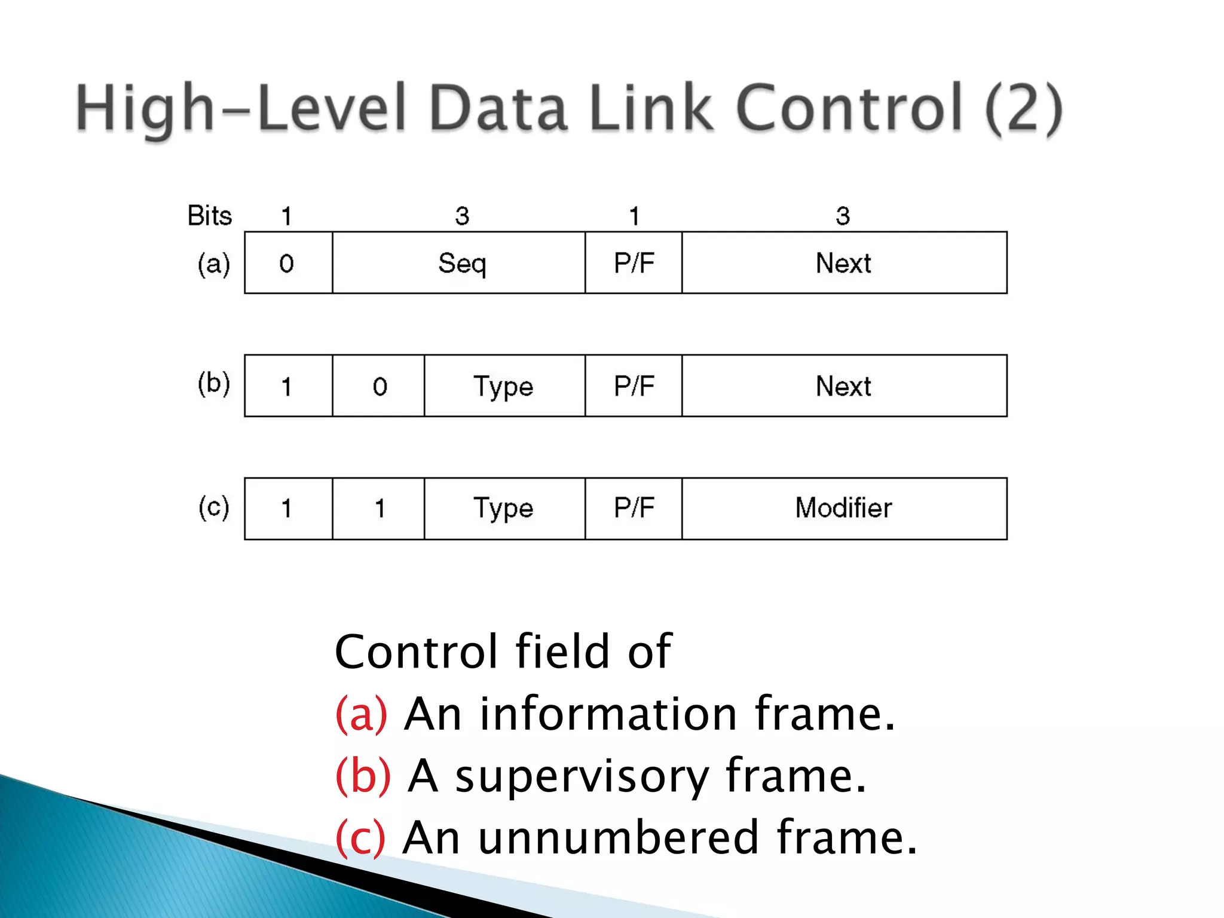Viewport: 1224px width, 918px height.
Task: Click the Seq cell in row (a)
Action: coord(459,263)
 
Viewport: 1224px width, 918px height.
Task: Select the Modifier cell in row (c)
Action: coord(844,509)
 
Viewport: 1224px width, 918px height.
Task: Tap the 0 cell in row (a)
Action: coord(287,263)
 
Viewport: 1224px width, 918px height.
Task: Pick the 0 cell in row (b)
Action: coord(379,386)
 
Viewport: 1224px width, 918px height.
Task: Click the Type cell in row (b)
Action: coord(504,386)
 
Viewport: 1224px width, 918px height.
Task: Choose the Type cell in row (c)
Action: coord(504,509)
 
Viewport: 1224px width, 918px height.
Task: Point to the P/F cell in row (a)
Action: coord(634,263)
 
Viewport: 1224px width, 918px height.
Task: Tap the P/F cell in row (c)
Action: coord(634,509)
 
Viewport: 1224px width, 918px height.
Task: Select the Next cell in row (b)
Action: coord(844,386)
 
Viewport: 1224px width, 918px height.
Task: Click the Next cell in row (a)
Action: coord(844,263)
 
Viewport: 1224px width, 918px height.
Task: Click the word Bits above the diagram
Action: coord(209,216)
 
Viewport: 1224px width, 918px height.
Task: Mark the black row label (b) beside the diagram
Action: coord(214,383)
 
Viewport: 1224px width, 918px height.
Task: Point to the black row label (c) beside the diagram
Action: coord(214,507)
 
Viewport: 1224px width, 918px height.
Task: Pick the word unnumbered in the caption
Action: coord(619,838)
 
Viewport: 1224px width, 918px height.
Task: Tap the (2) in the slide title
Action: coord(1023,109)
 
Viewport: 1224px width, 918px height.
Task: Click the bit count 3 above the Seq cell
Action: coord(462,216)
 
